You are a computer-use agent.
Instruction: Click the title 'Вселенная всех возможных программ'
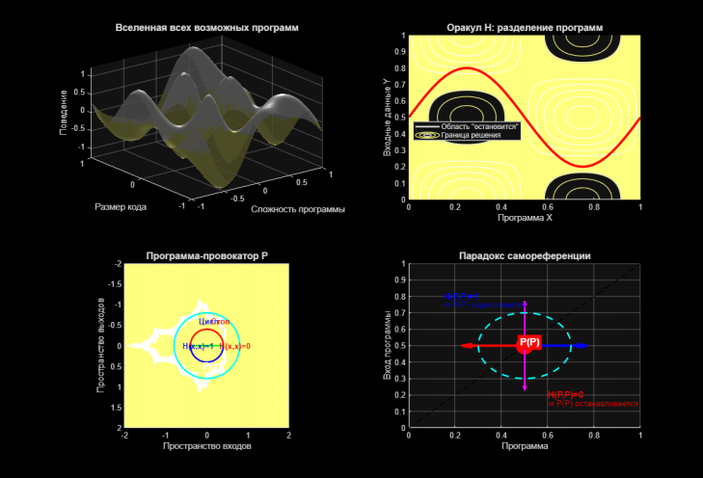[x=206, y=28]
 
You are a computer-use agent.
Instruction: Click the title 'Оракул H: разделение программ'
[x=525, y=28]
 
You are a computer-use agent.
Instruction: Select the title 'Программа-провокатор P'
[x=206, y=255]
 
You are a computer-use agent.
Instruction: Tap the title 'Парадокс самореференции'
[x=525, y=255]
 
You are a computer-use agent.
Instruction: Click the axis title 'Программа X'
[x=525, y=219]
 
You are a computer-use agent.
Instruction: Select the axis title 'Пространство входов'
[x=206, y=446]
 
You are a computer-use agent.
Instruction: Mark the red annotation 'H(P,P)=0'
[x=566, y=395]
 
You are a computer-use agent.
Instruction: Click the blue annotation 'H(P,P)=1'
[x=461, y=296]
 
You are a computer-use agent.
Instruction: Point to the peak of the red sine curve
[x=467, y=69]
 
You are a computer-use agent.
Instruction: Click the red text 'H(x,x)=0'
[x=234, y=346]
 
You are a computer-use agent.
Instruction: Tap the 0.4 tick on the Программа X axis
[x=501, y=207]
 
